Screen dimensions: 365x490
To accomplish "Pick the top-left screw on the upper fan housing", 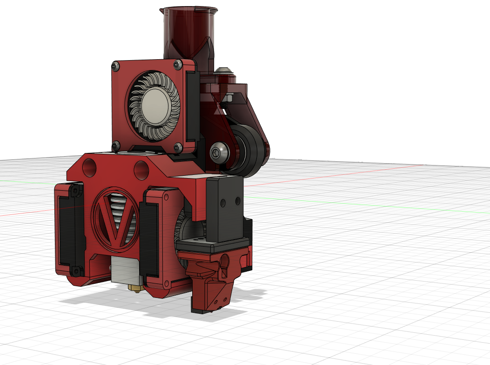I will tap(115, 67).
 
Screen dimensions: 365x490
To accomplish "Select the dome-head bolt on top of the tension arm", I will tap(224, 71).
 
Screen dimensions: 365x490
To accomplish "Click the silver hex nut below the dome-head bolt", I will tap(229, 97).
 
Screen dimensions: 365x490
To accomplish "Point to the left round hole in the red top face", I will tap(90, 168).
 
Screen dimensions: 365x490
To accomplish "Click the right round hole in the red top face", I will tap(141, 170).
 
